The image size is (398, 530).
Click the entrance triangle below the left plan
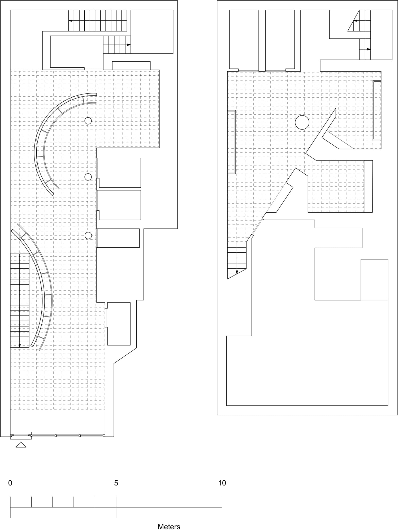click(21, 445)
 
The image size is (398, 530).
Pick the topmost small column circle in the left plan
click(88, 121)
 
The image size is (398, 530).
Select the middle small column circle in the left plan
click(88, 177)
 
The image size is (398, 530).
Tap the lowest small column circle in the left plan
click(88, 235)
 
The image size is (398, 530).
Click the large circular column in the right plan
click(302, 122)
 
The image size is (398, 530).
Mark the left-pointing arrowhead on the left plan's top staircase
click(70, 20)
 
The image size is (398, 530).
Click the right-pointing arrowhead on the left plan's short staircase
click(129, 45)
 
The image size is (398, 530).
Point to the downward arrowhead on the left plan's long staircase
click(20, 345)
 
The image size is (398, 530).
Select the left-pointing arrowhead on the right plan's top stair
click(355, 20)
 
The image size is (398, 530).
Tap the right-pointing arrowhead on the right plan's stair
click(369, 49)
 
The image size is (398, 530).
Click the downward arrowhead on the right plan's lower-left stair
click(237, 272)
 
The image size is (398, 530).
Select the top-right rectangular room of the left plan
click(152, 32)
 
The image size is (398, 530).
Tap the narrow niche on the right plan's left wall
click(232, 142)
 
